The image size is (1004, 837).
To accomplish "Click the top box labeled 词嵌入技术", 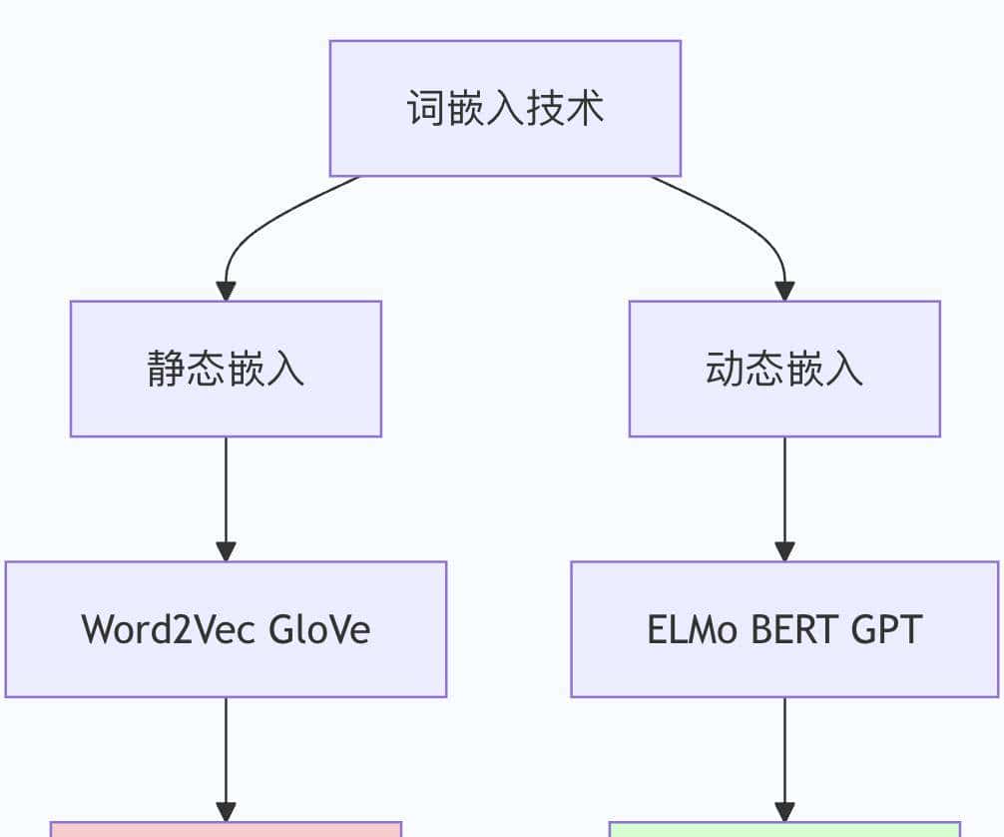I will [x=505, y=108].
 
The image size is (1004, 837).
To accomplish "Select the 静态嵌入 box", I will [x=226, y=369].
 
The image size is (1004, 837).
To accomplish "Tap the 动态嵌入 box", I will [x=784, y=369].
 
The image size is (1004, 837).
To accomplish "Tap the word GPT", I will [x=887, y=629].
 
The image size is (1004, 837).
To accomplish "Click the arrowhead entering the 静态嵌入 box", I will [x=226, y=291].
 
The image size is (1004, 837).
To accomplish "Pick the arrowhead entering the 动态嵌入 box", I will [x=784, y=291].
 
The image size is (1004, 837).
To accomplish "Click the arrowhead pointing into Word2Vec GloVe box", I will [x=226, y=551].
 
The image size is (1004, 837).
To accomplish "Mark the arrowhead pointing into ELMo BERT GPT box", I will [x=784, y=551].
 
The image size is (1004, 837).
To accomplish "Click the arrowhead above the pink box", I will [x=226, y=811].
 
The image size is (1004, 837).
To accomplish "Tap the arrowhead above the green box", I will [x=784, y=811].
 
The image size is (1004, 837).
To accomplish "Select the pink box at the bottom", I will [x=226, y=830].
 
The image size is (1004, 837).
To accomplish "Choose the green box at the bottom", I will [x=784, y=830].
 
